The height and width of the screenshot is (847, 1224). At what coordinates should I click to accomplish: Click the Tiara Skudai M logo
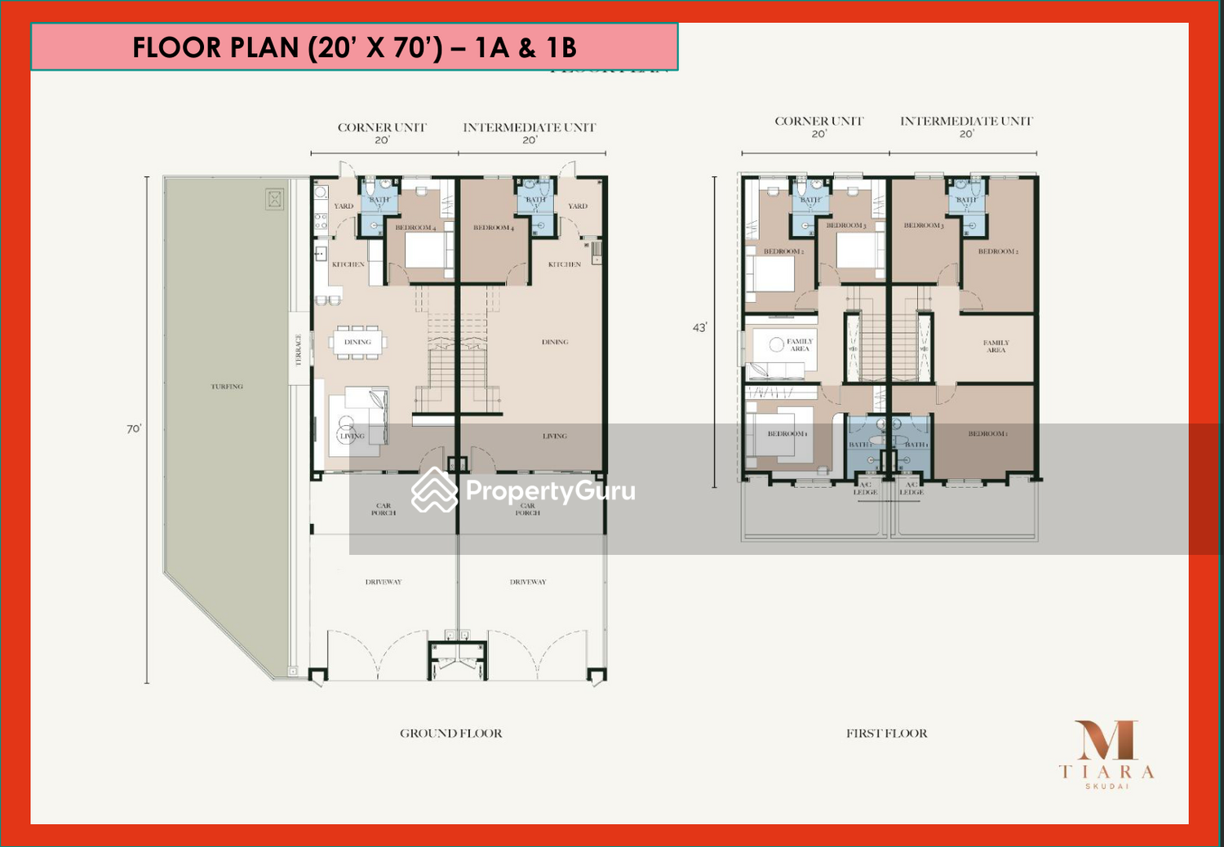click(x=1106, y=741)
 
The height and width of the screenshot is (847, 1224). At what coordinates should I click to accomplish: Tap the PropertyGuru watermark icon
click(x=433, y=490)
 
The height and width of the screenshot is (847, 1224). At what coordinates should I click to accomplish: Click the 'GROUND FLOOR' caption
click(x=450, y=734)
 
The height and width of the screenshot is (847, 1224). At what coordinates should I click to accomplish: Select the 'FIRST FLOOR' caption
click(x=886, y=734)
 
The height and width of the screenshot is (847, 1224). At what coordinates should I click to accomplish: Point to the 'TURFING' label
click(x=227, y=387)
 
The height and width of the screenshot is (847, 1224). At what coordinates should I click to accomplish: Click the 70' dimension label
click(x=134, y=429)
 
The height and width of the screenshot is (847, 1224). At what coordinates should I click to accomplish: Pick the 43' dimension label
click(x=699, y=328)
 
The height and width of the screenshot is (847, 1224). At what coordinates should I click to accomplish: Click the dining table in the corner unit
click(x=358, y=342)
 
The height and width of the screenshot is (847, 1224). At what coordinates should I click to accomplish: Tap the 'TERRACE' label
click(x=299, y=349)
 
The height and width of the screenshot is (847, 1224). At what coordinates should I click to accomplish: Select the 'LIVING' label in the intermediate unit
click(x=555, y=437)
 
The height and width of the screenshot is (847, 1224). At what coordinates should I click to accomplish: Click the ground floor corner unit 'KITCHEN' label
click(x=348, y=264)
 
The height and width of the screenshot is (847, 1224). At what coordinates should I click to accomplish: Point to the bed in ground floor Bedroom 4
click(x=428, y=250)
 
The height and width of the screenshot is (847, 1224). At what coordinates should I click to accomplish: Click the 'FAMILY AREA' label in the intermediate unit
click(x=996, y=347)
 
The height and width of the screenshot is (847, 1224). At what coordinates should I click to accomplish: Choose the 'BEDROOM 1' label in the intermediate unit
click(x=987, y=434)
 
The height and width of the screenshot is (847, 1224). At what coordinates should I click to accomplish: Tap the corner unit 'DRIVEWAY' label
click(x=384, y=582)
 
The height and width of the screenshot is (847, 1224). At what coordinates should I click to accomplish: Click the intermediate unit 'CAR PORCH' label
click(x=528, y=509)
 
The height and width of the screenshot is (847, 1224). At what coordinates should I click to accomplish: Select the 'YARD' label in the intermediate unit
click(x=578, y=206)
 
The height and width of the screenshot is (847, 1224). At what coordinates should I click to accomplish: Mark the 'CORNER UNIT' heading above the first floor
click(x=818, y=121)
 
